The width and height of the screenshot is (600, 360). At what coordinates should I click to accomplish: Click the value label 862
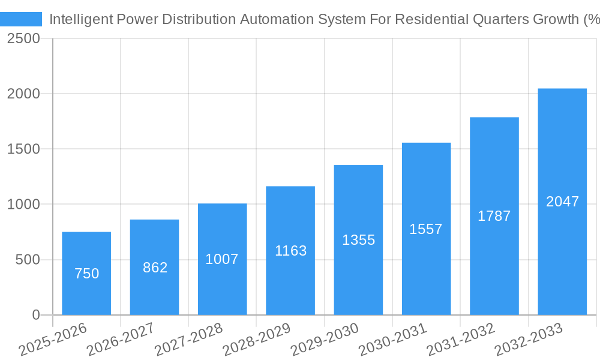pos(155,268)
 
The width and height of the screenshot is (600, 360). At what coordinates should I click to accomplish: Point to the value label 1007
pos(222,259)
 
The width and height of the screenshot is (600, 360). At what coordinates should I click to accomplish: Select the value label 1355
pos(358,240)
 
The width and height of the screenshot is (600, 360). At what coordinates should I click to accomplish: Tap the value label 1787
pos(494,216)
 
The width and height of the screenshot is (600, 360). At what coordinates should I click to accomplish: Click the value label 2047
pos(562,202)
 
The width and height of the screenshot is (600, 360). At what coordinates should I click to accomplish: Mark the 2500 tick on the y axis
pos(23,39)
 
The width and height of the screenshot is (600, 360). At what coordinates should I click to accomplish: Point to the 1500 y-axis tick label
pos(23,149)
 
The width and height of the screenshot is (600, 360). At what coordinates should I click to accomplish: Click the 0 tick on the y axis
pos(35,315)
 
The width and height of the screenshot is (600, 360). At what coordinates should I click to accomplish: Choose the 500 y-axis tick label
pos(28,260)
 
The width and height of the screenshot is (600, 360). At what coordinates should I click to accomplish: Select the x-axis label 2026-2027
pos(121,339)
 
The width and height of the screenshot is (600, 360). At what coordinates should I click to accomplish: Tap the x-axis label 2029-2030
pos(325,339)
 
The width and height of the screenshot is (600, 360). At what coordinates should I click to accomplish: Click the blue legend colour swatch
pos(21,19)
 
